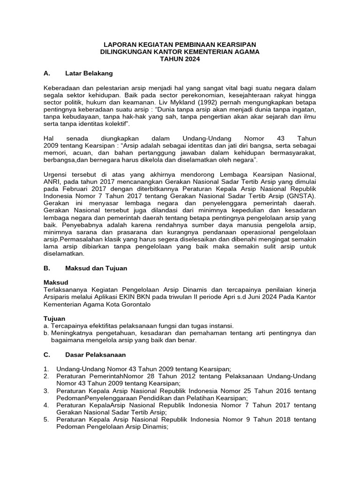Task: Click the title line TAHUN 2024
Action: point(180,60)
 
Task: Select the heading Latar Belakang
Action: point(89,74)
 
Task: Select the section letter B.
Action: point(46,268)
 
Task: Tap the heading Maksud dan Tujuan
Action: point(96,268)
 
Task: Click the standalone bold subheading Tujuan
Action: point(54,319)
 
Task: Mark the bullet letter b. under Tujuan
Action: point(46,333)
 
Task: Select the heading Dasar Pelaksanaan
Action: point(96,355)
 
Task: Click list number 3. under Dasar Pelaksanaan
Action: point(46,391)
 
